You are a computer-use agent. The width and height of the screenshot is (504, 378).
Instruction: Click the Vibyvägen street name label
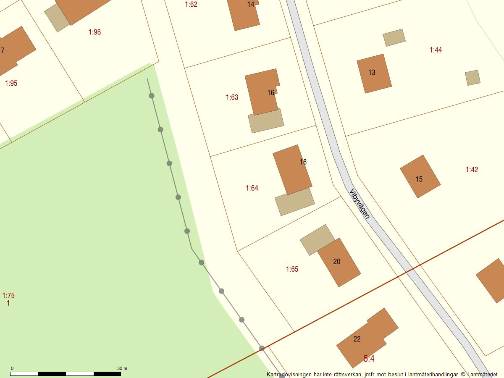click(360, 203)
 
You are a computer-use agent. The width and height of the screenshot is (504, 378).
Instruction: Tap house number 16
click(271, 93)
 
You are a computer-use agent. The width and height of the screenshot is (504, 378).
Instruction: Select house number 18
click(303, 162)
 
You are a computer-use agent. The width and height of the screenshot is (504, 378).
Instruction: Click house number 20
click(337, 262)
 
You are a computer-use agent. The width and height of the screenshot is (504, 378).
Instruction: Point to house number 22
click(357, 339)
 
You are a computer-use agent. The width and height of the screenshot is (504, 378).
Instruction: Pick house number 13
click(372, 72)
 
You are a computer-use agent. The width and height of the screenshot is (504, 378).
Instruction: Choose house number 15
click(419, 179)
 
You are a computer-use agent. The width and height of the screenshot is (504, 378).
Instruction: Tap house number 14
click(251, 5)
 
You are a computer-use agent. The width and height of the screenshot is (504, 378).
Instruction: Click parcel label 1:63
click(232, 97)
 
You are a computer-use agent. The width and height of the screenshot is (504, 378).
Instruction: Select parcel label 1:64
click(252, 188)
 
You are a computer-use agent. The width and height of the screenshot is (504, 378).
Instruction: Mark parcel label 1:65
click(292, 269)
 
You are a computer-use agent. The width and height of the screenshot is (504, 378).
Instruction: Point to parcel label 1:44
click(436, 50)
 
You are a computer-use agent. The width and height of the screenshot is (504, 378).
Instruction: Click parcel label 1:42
click(472, 170)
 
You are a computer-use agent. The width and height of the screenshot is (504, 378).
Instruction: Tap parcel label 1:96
click(94, 32)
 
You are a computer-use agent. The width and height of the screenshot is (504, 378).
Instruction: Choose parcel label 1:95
click(11, 83)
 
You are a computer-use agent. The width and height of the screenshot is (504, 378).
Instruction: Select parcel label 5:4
click(369, 359)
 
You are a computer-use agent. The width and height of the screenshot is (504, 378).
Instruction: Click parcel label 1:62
click(191, 5)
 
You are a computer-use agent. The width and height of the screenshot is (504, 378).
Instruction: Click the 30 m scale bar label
click(122, 368)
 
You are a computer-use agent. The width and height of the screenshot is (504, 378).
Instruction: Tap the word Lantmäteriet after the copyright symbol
click(482, 374)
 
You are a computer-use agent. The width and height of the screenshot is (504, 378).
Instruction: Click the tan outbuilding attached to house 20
click(317, 239)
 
